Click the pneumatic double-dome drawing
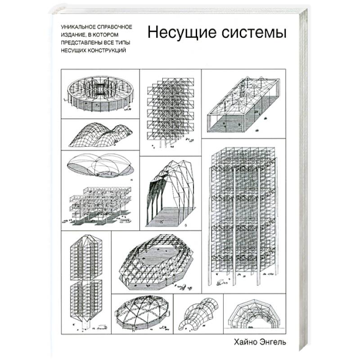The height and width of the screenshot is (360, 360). (100, 166)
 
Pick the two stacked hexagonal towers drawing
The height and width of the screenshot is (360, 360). (85, 277)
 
